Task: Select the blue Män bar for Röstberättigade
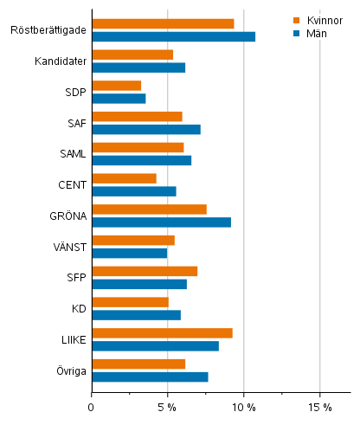[x=173, y=36]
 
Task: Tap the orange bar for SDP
[x=116, y=86]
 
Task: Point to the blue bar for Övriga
[x=150, y=377]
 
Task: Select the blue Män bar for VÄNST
[x=129, y=253]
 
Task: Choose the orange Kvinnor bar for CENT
[x=124, y=178]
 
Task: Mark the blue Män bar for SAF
[x=145, y=130]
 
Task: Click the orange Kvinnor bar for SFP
[x=145, y=272]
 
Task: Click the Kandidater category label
[x=60, y=61]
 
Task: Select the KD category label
[x=78, y=308]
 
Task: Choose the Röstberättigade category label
[x=48, y=30]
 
